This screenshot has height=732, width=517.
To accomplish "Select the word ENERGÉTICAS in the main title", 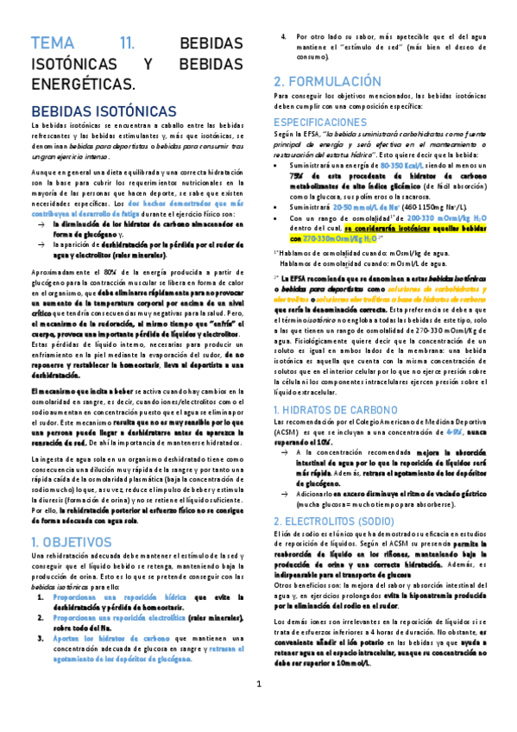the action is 83,85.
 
